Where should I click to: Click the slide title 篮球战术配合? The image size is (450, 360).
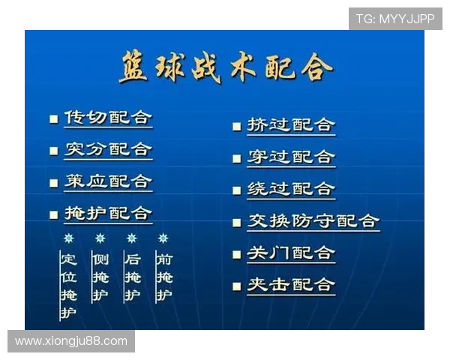coord(225,68)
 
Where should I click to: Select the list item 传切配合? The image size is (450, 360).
coord(108,118)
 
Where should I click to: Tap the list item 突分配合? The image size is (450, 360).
coord(108,149)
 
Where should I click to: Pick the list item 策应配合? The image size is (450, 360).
coord(108,181)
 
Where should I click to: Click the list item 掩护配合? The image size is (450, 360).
coord(108,214)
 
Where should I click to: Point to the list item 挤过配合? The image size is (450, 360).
coord(291,125)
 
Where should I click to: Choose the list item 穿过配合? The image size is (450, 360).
coord(291,157)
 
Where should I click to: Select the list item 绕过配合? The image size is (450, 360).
coord(291,189)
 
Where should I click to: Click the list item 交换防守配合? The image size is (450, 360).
coord(313,221)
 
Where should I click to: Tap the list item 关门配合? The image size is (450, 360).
coord(291,253)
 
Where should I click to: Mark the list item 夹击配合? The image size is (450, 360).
coord(291,285)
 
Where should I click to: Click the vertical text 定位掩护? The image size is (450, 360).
coord(68,286)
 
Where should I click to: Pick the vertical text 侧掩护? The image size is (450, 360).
coord(100,277)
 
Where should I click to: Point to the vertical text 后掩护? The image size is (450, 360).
coord(132,277)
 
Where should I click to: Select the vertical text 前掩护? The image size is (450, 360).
coord(163,277)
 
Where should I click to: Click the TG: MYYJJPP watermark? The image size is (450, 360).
coord(395,19)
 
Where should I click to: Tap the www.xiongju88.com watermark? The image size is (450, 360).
coord(71,341)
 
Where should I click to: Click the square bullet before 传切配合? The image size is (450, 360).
coord(53,118)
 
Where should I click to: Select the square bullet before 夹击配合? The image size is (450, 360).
coord(236,286)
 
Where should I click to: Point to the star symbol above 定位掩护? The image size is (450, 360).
coord(68,238)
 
